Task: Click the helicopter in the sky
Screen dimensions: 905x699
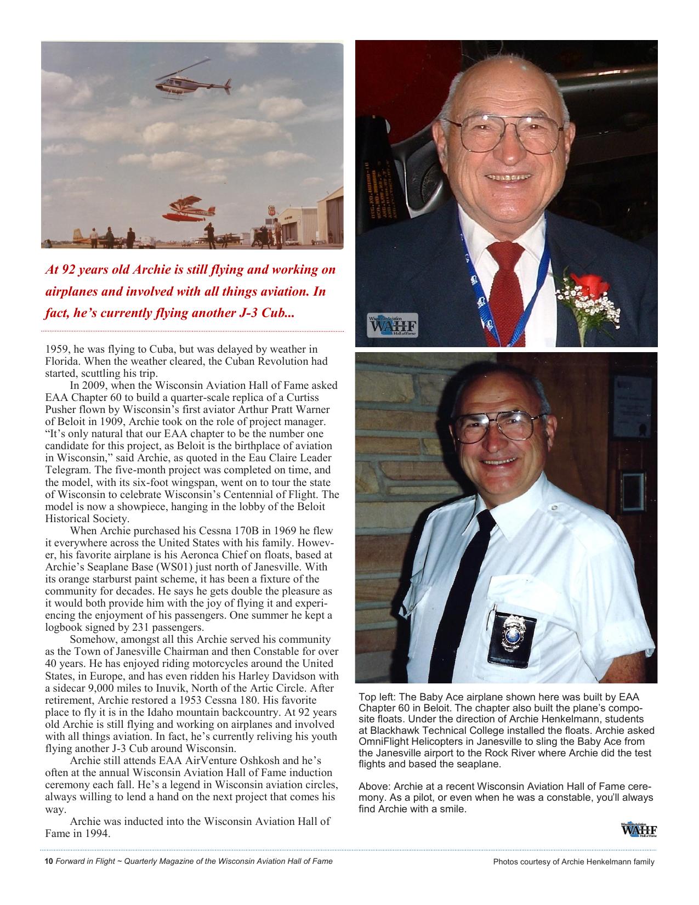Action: pos(190,83)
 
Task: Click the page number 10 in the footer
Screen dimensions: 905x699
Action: pos(48,862)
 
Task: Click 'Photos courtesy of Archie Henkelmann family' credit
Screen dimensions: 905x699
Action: pos(573,862)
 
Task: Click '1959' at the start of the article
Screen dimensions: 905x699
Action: pos(55,349)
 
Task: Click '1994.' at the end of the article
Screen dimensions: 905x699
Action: pos(99,834)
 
